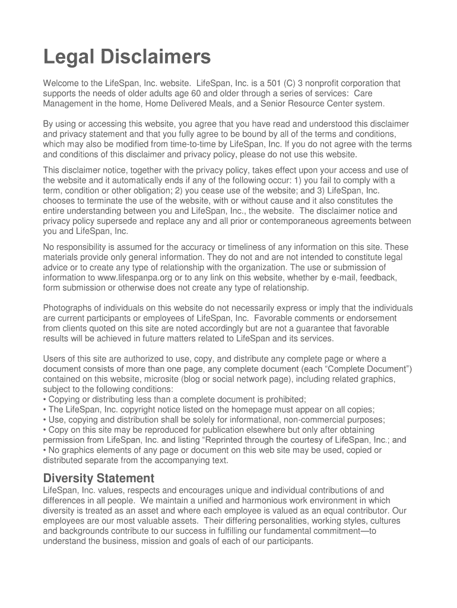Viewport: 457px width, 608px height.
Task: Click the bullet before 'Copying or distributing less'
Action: (45, 400)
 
